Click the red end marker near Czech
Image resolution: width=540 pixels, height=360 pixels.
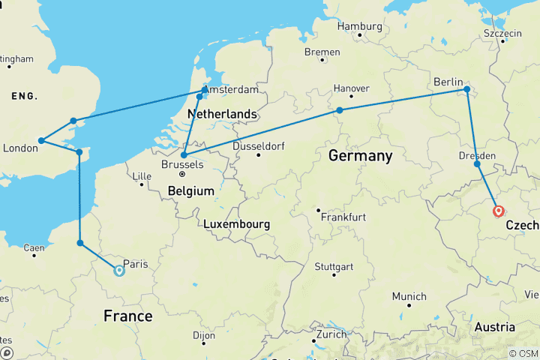click(499, 211)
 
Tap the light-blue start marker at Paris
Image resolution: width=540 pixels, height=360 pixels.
click(118, 271)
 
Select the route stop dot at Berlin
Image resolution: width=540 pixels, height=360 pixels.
click(466, 90)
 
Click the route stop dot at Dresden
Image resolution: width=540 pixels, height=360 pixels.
click(477, 163)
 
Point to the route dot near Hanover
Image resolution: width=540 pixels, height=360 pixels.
click(340, 110)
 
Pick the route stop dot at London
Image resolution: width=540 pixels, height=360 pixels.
click(42, 140)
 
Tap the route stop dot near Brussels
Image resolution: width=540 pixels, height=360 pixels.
click(184, 155)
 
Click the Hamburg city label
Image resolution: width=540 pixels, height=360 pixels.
click(359, 26)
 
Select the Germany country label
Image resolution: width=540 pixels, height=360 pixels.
click(359, 156)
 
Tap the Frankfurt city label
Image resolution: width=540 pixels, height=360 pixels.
click(342, 217)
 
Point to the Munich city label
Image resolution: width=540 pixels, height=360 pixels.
click(409, 296)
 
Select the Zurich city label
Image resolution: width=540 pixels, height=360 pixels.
click(331, 334)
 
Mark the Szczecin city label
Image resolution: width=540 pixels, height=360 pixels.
click(502, 34)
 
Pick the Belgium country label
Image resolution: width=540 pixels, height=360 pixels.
click(192, 191)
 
